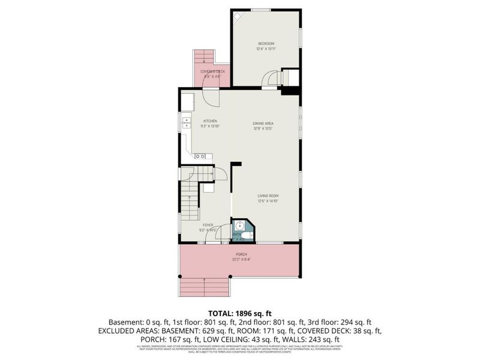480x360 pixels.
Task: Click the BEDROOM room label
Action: pos(266,43)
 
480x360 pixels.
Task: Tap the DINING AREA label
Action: pos(263,124)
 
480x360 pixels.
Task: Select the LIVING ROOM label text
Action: pos(268,196)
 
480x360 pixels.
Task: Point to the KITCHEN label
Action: pos(209,121)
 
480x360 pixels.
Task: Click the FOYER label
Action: pos(208,225)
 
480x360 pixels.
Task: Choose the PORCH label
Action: pos(241,254)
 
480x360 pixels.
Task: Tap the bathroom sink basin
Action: pos(239,226)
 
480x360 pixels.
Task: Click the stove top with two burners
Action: pos(200,157)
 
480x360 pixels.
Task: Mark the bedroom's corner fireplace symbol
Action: pos(238,16)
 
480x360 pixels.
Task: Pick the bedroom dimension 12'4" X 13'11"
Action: pos(266,49)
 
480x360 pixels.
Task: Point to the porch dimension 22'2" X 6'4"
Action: pos(241,260)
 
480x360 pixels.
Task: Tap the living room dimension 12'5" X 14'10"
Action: pos(268,201)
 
